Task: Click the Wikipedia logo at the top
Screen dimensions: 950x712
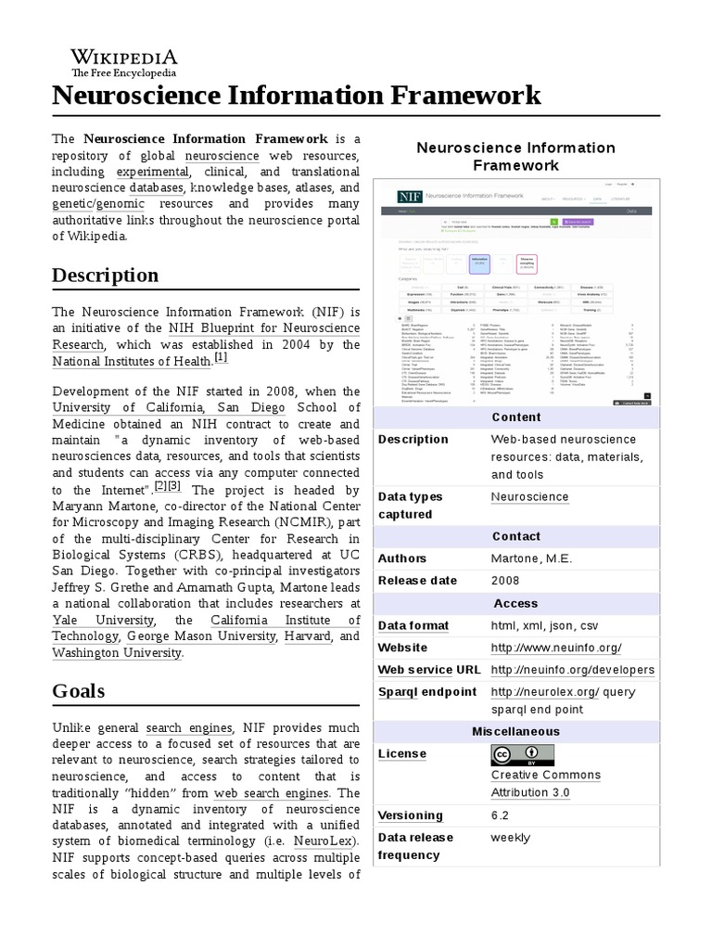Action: pyautogui.click(x=124, y=61)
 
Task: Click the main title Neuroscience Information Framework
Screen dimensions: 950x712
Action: pyautogui.click(x=296, y=96)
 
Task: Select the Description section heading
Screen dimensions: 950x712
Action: pyautogui.click(x=105, y=275)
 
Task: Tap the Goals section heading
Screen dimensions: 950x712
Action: pyautogui.click(x=78, y=690)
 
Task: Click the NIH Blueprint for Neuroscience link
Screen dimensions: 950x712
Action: pyautogui.click(x=263, y=327)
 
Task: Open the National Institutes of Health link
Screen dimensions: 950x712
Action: pyautogui.click(x=132, y=361)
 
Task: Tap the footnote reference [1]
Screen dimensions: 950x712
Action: pyautogui.click(x=221, y=357)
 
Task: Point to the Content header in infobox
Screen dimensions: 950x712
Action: pyautogui.click(x=516, y=417)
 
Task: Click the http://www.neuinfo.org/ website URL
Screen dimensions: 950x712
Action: pyautogui.click(x=555, y=648)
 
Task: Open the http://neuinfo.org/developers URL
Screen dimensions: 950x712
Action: pyautogui.click(x=572, y=670)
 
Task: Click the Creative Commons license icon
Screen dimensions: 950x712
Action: pyautogui.click(x=523, y=754)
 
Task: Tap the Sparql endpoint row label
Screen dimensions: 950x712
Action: pyautogui.click(x=427, y=692)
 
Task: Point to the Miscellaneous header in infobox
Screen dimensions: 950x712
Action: pyautogui.click(x=516, y=732)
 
